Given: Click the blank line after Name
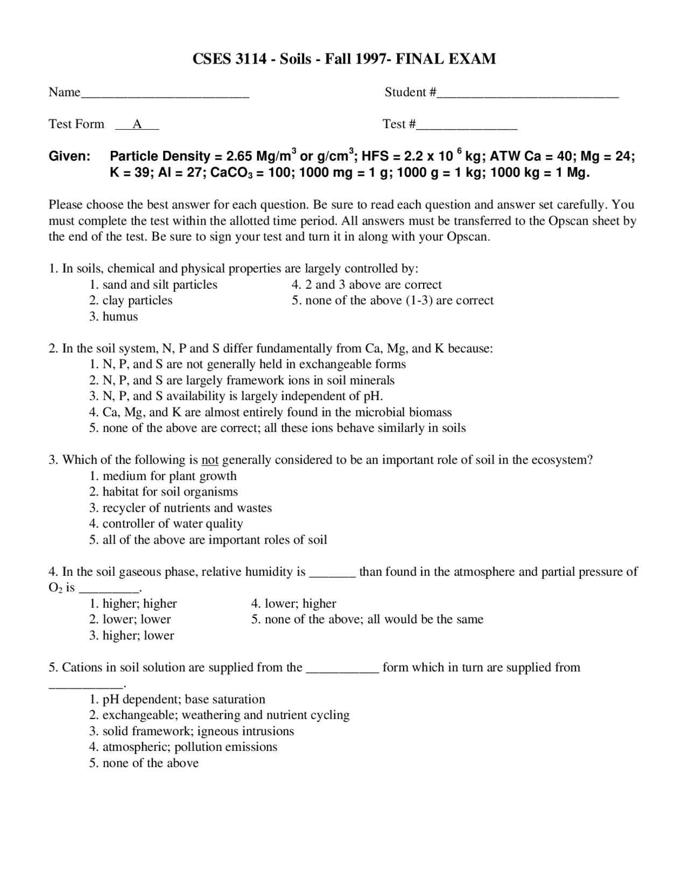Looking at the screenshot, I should [165, 95].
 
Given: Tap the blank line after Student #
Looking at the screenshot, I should [528, 95].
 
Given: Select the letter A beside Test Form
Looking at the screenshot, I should [137, 124].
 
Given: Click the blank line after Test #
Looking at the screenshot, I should [467, 127].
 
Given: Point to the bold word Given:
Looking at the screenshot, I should [69, 157].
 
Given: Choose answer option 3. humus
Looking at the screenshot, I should [114, 317].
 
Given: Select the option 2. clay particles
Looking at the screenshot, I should [131, 301].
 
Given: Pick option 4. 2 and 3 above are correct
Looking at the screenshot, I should [367, 284].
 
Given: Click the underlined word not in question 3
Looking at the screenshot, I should [210, 460].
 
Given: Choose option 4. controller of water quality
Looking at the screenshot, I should [166, 524].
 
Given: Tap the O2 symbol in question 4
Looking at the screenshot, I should [55, 588].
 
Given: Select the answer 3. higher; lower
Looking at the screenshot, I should [132, 636].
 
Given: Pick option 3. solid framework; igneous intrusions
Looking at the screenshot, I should [192, 731].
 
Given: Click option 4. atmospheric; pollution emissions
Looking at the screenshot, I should [183, 747].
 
